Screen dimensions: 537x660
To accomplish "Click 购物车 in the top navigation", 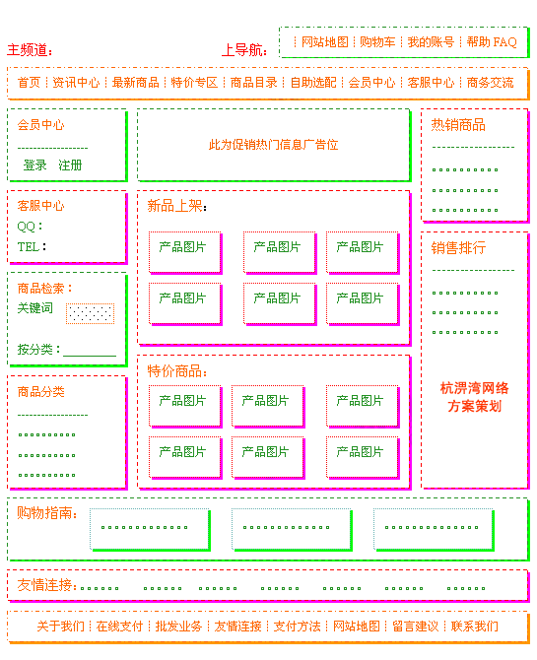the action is coord(377,42).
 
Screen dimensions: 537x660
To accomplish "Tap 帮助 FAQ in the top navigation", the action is coord(492,42).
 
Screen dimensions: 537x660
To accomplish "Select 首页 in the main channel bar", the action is coord(29,82).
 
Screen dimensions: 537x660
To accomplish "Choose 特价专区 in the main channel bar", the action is coord(194,82).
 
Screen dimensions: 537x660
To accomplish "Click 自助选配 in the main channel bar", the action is coord(313,82).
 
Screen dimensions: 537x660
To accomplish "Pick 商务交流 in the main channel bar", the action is coord(491,82).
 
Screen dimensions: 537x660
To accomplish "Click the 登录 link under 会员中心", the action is coord(34,165).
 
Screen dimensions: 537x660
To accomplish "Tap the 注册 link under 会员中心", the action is coord(70,165).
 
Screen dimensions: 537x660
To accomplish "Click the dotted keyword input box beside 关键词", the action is coord(90,313).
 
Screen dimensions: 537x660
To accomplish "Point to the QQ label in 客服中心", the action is coord(27,227).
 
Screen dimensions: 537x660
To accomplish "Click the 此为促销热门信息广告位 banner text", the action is coord(273,145).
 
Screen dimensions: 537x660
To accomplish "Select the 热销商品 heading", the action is coord(458,125).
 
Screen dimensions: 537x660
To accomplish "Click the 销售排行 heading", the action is coord(458,248).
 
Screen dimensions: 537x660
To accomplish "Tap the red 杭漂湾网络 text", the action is coord(474,388).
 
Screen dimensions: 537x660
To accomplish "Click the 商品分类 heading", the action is coord(40,392).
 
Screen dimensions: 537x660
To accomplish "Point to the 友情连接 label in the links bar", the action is coord(45,585).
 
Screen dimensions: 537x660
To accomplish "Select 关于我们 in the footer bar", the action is coord(61,627).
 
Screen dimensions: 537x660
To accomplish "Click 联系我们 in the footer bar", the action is coord(475,627).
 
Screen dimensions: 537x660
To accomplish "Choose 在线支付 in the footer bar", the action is coord(119,627).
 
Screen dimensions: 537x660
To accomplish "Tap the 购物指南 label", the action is coord(45,512).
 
